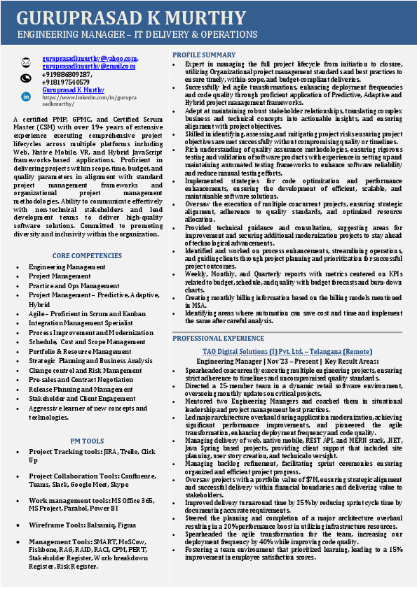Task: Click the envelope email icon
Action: tap(26, 62)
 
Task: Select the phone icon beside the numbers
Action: tap(26, 78)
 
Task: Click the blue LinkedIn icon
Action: tap(26, 96)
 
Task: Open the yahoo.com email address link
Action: tap(90, 58)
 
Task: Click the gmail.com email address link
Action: tap(88, 66)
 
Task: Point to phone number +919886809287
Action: tap(67, 73)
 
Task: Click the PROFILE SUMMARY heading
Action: tap(204, 55)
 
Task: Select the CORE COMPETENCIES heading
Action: tap(87, 256)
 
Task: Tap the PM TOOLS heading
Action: tap(87, 441)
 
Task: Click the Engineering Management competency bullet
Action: tap(67, 267)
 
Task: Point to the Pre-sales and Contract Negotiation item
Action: tap(81, 380)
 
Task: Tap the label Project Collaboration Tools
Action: tap(69, 476)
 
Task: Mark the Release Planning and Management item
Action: tap(81, 390)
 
